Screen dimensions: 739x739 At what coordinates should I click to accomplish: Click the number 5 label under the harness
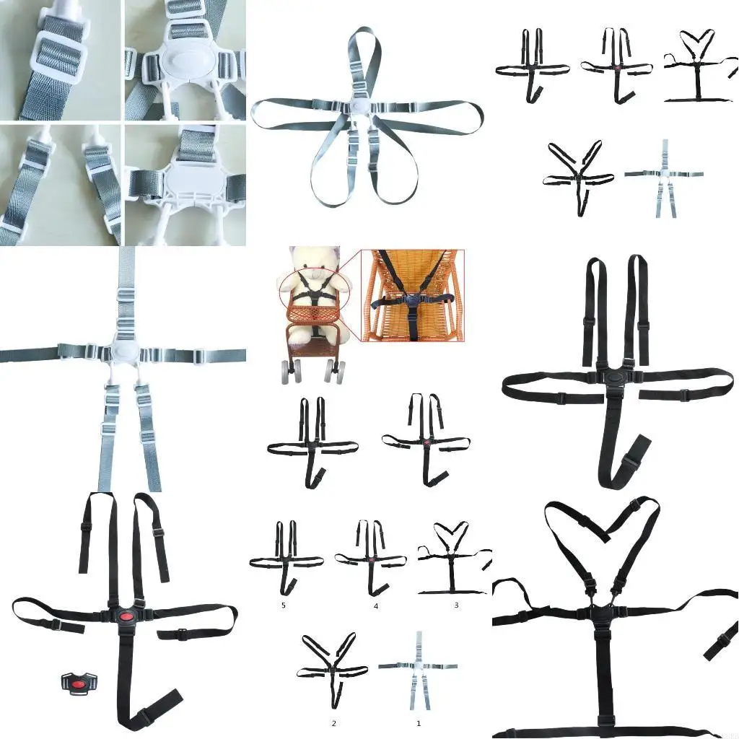[x=284, y=605]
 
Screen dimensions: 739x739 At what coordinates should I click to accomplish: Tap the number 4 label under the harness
[x=376, y=606]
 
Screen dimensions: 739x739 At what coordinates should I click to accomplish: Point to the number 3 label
[x=456, y=605]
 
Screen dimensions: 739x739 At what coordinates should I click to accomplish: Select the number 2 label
[x=334, y=722]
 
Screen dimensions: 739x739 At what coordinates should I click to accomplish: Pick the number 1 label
[x=418, y=722]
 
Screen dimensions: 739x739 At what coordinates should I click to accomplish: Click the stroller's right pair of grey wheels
[x=334, y=372]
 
